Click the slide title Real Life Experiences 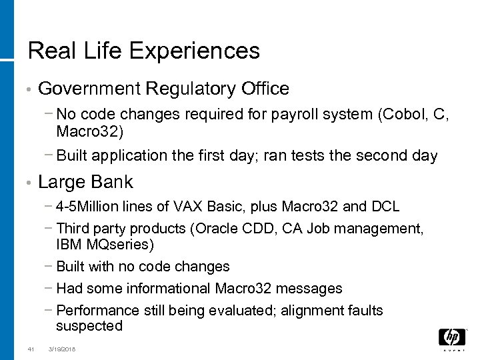143,50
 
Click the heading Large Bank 86,182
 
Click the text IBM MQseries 105,245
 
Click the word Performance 98,311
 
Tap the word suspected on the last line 89,326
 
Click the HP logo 451,339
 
